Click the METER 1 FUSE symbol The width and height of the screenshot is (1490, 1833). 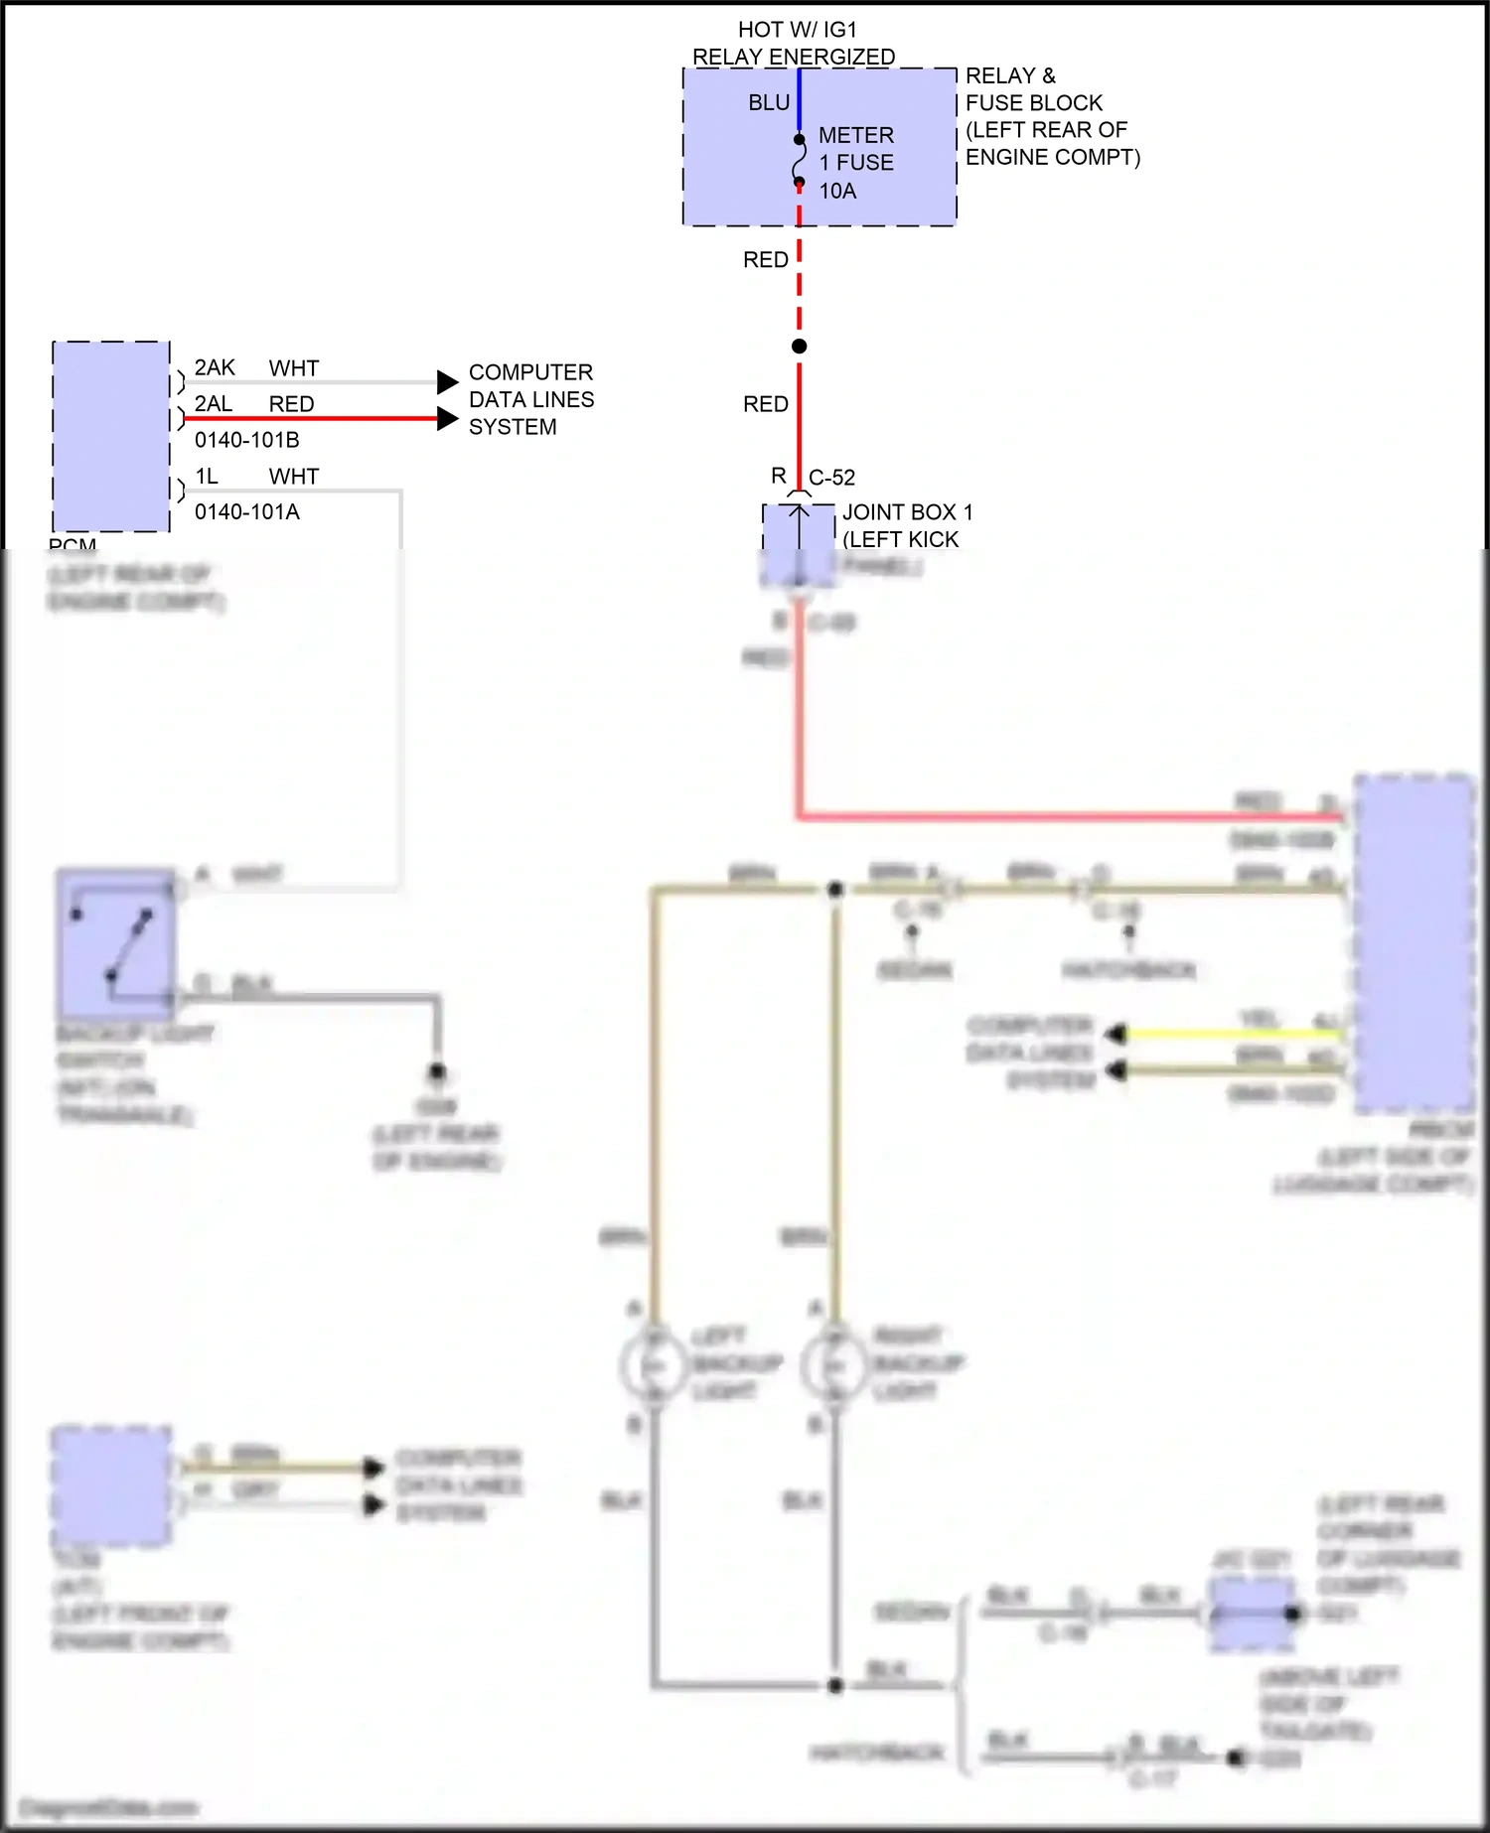click(800, 161)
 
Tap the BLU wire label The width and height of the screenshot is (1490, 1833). click(769, 103)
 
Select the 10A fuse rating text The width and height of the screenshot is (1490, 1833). click(837, 191)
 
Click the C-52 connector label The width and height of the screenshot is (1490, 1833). click(831, 478)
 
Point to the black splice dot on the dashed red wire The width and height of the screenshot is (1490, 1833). click(800, 347)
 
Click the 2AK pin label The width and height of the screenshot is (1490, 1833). click(215, 368)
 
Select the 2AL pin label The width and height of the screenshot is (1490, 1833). click(214, 404)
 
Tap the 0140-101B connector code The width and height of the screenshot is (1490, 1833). click(246, 440)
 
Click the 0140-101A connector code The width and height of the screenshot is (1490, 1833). click(246, 512)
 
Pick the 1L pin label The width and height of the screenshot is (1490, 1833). click(207, 477)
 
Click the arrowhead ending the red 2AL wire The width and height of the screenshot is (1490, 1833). click(448, 419)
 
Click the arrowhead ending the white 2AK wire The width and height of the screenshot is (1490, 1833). click(448, 382)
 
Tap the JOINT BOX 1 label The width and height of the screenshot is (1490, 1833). click(907, 512)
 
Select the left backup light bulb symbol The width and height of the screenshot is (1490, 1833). click(653, 1367)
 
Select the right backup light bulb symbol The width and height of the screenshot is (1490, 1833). click(834, 1367)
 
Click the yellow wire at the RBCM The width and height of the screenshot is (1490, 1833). click(1232, 1035)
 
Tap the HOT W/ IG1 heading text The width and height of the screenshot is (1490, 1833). click(797, 30)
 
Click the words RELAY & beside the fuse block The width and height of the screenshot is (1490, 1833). click(1010, 76)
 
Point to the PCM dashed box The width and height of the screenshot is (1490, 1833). click(110, 437)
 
